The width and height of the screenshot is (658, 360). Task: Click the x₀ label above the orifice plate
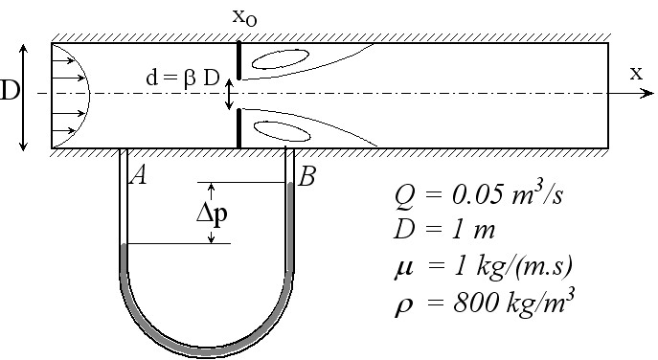click(x=244, y=17)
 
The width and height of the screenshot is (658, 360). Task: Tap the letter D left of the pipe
click(x=10, y=91)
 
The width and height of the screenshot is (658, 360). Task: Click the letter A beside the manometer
click(x=139, y=175)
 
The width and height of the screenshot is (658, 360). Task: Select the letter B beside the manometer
click(x=306, y=176)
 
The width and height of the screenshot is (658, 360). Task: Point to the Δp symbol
click(x=213, y=214)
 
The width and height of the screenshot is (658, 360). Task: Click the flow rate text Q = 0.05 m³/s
click(x=478, y=195)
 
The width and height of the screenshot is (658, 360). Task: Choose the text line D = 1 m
click(x=444, y=230)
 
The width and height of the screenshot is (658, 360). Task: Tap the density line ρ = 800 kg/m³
click(x=485, y=302)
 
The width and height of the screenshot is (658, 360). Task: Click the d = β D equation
click(x=183, y=79)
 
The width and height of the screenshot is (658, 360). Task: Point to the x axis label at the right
click(x=636, y=73)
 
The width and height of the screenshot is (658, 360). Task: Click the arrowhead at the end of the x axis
click(x=648, y=93)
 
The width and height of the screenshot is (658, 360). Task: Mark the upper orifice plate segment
click(x=238, y=60)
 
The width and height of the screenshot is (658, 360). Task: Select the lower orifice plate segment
click(x=238, y=128)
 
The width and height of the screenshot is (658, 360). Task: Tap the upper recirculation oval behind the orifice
click(x=281, y=58)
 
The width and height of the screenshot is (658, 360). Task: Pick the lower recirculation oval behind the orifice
click(x=282, y=131)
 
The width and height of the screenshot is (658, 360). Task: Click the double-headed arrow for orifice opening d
click(x=228, y=94)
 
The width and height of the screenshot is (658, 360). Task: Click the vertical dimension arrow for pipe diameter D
click(x=24, y=97)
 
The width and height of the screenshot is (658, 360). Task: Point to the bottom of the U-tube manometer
click(x=207, y=351)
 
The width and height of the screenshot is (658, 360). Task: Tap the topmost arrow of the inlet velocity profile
click(x=63, y=60)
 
